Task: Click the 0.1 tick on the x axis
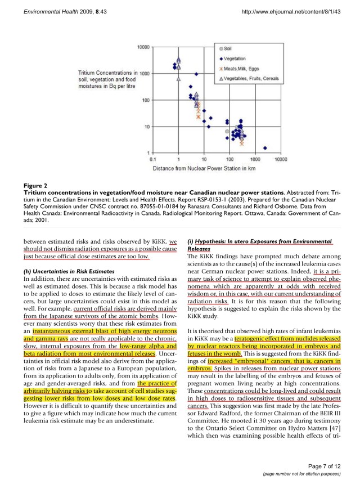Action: [x=153, y=160]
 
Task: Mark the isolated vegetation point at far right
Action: [x=265, y=148]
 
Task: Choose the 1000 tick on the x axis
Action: [x=255, y=160]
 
